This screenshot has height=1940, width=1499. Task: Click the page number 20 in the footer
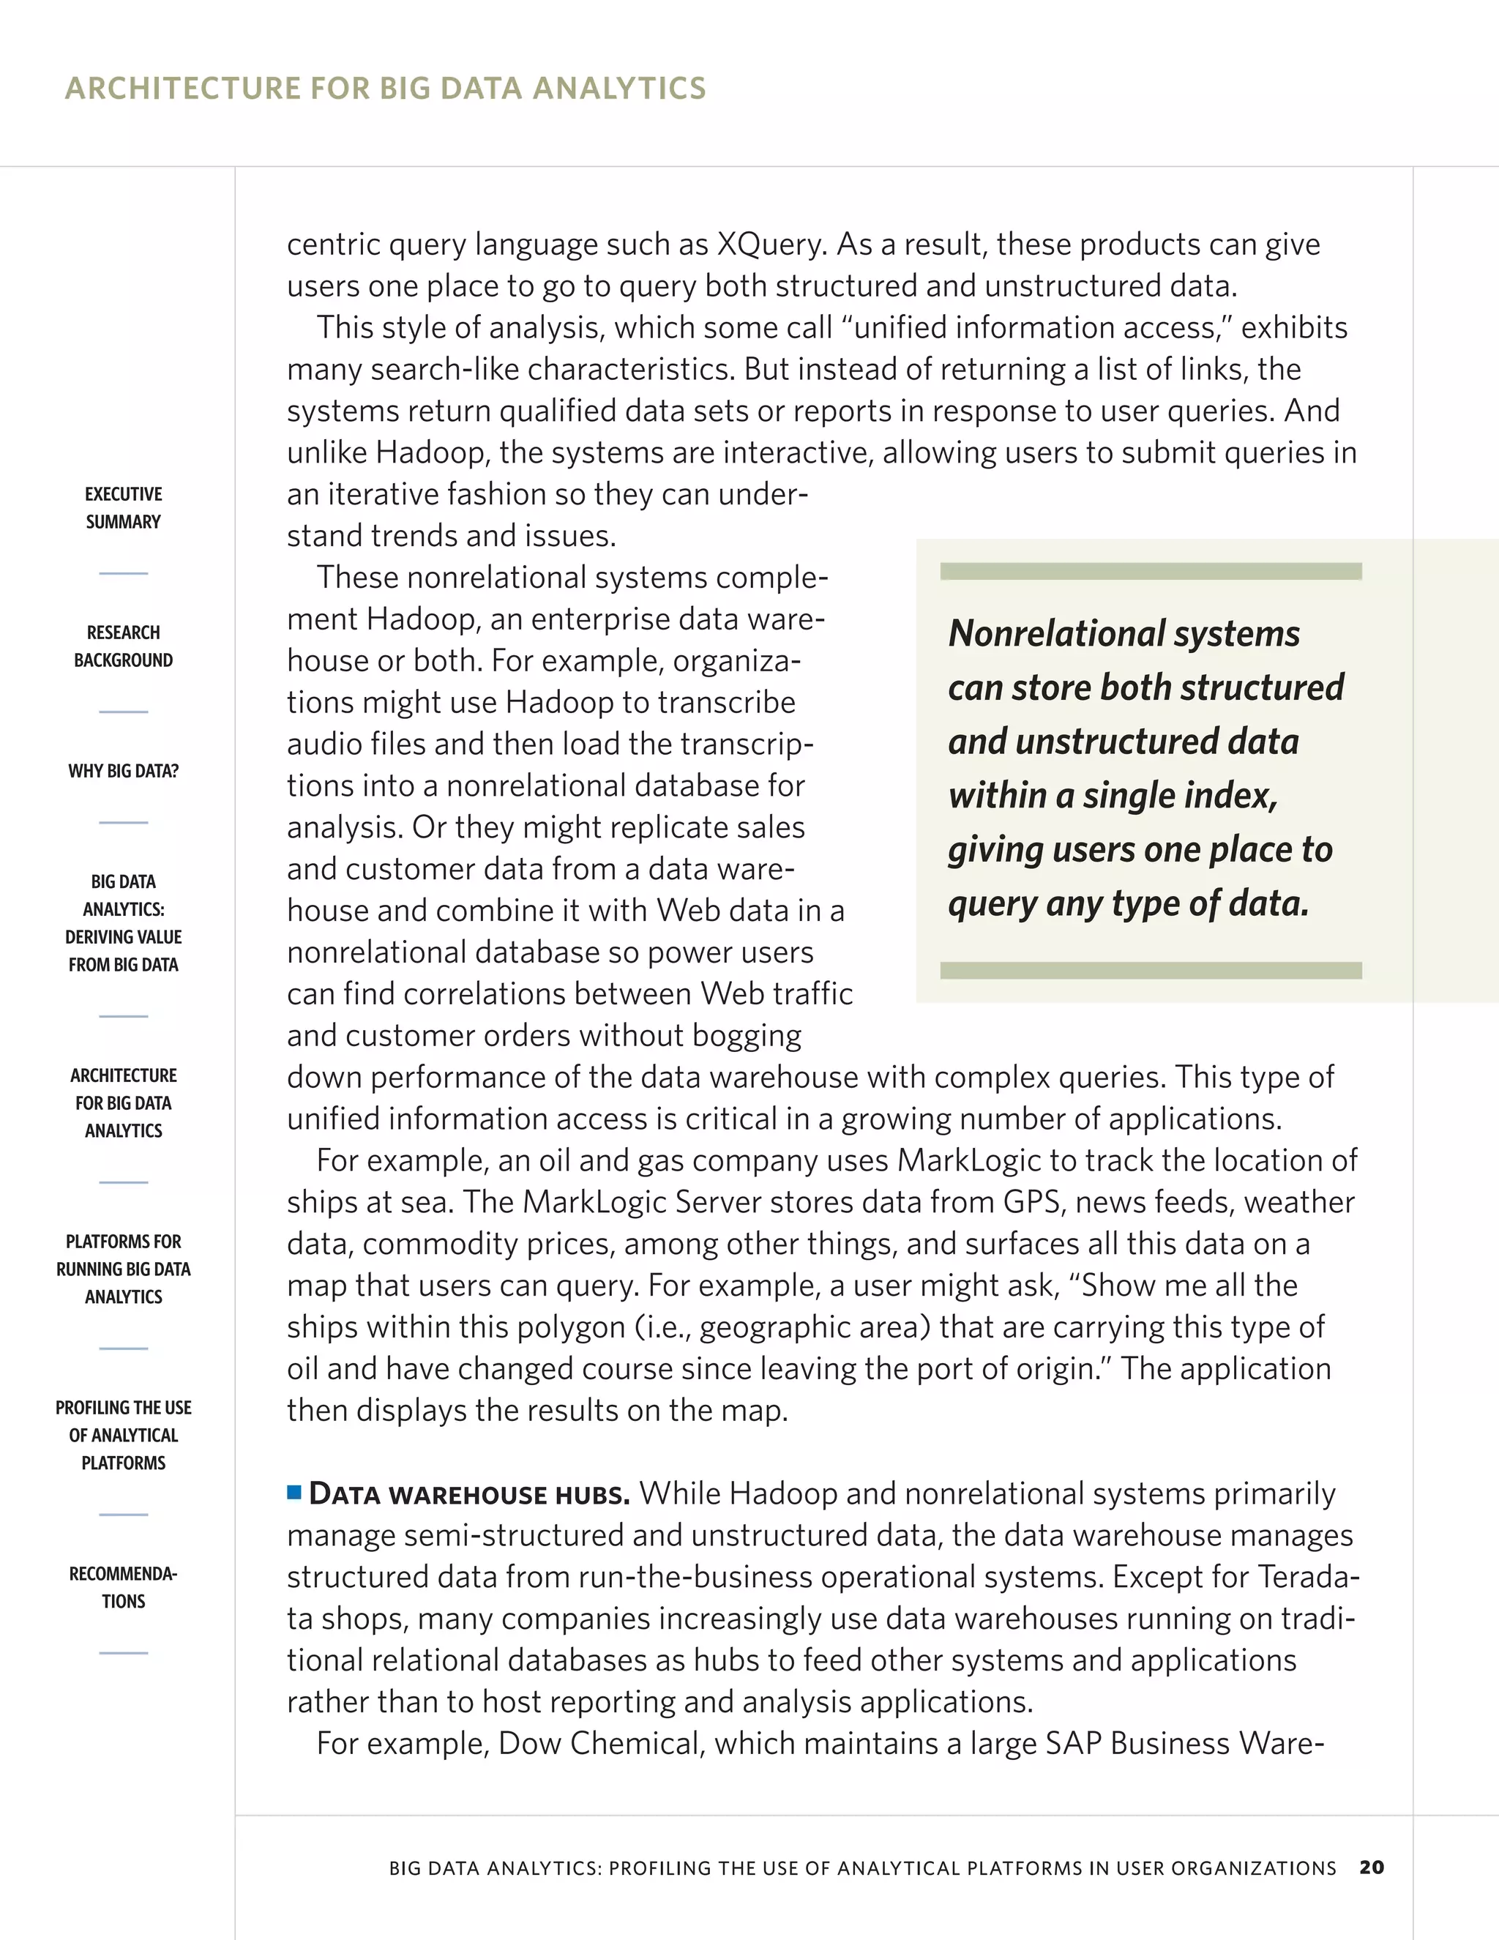tap(1371, 1868)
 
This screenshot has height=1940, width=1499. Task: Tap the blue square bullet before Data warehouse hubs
tap(294, 1491)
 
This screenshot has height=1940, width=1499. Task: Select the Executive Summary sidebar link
tap(124, 507)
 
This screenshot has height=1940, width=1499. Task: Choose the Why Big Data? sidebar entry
tap(124, 771)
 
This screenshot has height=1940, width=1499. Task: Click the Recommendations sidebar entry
tap(124, 1587)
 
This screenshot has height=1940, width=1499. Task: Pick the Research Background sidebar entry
tap(124, 646)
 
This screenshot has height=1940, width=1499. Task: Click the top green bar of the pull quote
tap(1150, 571)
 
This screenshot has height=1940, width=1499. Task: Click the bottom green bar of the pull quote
tap(1150, 970)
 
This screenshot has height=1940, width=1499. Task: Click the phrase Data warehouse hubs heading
tap(469, 1494)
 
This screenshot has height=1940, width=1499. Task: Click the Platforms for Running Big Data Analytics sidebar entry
tap(124, 1269)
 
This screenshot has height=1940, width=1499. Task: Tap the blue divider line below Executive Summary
tap(124, 574)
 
